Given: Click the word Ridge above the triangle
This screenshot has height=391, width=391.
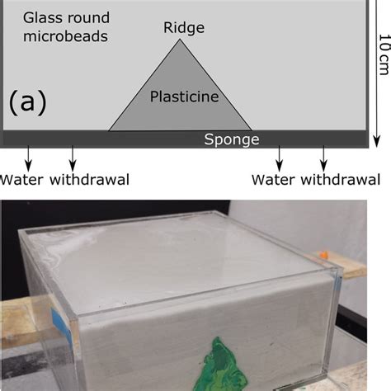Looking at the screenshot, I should tap(183, 28).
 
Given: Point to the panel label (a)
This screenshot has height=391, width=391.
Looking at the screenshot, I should tap(28, 102).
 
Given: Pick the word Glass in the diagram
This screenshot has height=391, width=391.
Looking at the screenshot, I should tap(40, 16).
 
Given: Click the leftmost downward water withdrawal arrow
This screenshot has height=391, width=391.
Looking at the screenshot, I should tap(30, 158).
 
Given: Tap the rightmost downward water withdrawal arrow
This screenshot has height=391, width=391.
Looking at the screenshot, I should tap(323, 158).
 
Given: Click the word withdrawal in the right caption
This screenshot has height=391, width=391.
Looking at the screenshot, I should tap(340, 180).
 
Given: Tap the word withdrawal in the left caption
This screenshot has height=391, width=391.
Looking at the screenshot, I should tap(88, 180).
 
